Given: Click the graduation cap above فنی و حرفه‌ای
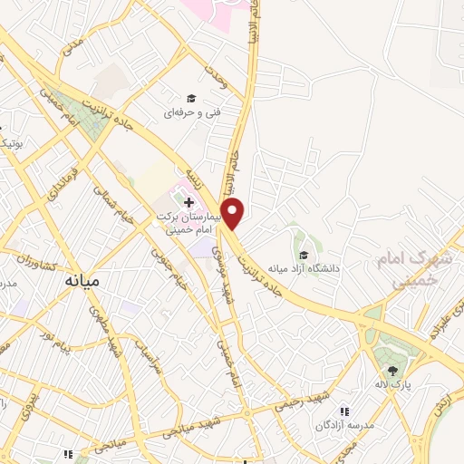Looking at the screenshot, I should point(191,98).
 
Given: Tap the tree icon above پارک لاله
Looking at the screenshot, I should point(392,370).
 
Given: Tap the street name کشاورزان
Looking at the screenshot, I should point(34,265).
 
